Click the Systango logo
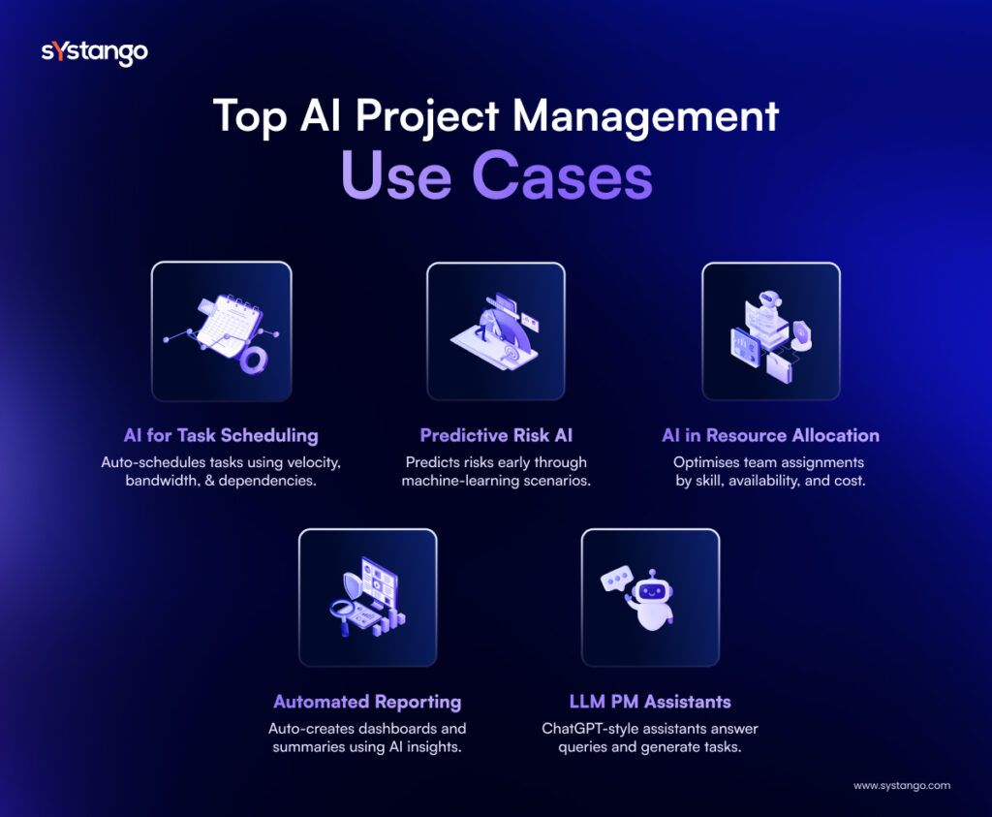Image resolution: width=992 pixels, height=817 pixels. [x=94, y=52]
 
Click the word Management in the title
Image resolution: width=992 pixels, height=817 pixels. [x=647, y=116]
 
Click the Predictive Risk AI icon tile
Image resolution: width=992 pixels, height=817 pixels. [x=496, y=331]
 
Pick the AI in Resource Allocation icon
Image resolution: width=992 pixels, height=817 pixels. [x=770, y=331]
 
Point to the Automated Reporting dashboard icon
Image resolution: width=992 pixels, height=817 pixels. [x=368, y=597]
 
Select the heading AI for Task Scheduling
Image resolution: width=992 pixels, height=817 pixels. [x=221, y=435]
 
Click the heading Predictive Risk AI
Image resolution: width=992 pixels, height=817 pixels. [x=495, y=435]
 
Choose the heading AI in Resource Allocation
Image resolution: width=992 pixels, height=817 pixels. [x=770, y=435]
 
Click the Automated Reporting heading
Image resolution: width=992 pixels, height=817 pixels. [x=367, y=702]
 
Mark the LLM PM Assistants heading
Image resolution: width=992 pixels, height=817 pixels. [x=650, y=702]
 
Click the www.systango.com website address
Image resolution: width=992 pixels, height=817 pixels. [x=901, y=785]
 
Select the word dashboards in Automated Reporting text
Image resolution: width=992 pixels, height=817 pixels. [x=385, y=728]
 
